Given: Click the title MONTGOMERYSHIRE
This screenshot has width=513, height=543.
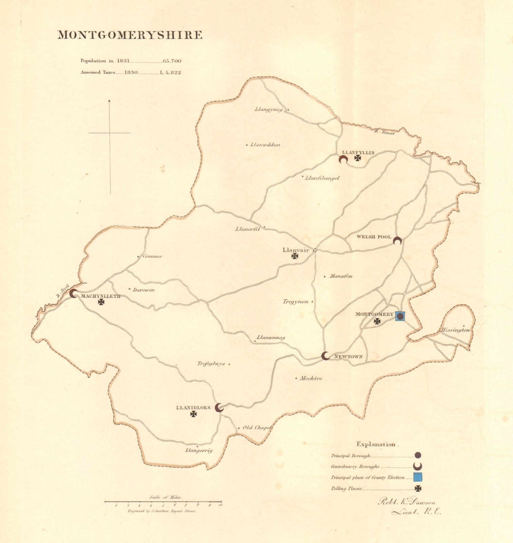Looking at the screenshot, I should [x=130, y=35].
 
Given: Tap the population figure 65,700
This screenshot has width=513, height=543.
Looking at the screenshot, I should [x=172, y=61].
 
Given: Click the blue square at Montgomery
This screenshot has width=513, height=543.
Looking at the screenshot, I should [x=400, y=316].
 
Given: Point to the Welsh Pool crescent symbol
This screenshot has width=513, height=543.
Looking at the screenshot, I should [x=397, y=241].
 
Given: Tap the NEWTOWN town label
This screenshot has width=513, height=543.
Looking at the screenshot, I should [x=348, y=357].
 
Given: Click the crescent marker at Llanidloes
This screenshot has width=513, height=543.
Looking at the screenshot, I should [x=220, y=408].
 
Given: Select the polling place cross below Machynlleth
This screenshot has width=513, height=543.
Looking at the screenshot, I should [x=101, y=302].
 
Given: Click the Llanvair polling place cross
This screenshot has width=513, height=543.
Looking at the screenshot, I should [x=295, y=256].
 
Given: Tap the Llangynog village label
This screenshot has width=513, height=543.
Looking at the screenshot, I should [x=268, y=110].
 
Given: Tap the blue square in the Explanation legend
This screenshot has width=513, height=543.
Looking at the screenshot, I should [x=418, y=477].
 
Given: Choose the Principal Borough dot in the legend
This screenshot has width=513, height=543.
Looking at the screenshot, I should [x=418, y=455].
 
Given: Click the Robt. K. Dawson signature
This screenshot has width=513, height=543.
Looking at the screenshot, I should [x=406, y=503].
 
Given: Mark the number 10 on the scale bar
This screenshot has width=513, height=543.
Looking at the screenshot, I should [x=221, y=505].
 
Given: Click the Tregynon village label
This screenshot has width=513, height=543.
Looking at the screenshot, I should [x=296, y=302].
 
